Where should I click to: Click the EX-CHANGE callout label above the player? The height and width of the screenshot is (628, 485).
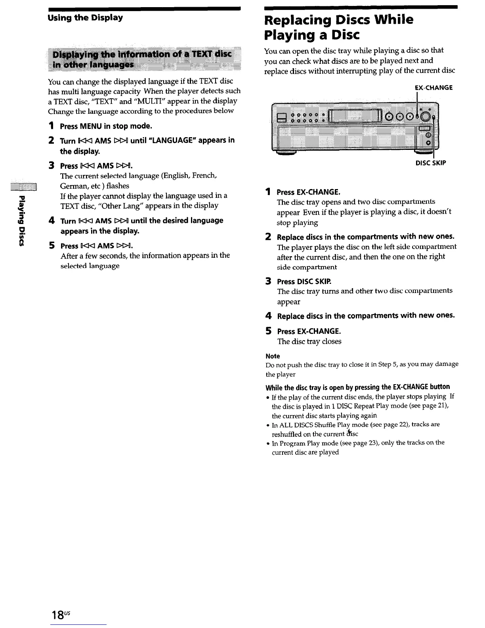433,87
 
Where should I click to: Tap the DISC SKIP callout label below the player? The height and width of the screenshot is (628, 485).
431,163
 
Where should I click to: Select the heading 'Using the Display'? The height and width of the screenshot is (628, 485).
85,18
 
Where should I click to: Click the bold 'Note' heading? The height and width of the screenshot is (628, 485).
273,356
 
